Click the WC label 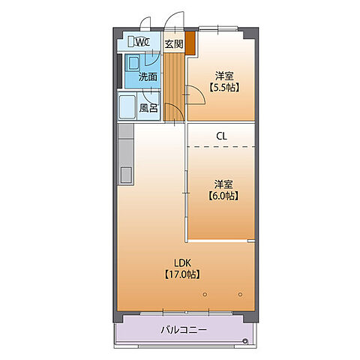point(143,42)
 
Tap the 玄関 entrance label point(174,44)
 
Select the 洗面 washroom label point(148,76)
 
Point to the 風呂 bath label point(148,108)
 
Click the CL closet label point(221,136)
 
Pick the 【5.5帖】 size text point(224,88)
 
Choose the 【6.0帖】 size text point(223,196)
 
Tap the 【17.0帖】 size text point(182,274)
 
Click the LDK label point(182,263)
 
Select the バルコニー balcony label point(184,330)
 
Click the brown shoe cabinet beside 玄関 point(190,43)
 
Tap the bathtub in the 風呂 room point(127,107)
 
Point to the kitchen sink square point(126,175)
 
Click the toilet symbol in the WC point(131,41)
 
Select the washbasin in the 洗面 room point(133,63)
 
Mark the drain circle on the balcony point(245,340)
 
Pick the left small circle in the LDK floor point(205,295)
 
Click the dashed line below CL point(221,147)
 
